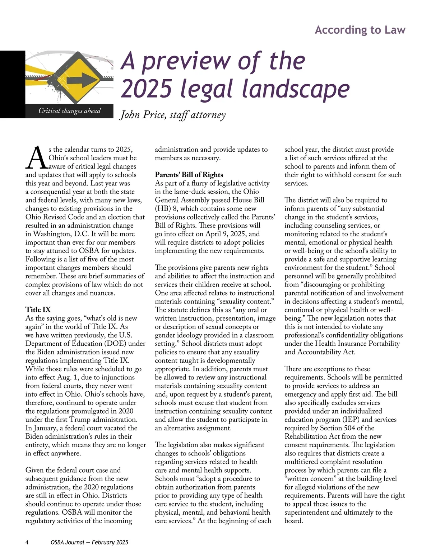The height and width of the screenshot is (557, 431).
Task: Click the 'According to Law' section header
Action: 360,30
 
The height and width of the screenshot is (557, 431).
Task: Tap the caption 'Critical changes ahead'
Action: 69,111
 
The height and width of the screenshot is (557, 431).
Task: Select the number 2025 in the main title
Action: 147,88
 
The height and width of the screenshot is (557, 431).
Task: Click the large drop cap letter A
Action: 36,158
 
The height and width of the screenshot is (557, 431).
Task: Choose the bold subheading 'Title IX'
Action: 38,310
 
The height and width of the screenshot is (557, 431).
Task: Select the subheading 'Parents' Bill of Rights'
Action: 189,175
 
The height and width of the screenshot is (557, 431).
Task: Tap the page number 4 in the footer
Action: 27,542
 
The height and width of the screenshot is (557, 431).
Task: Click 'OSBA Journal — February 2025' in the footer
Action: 89,542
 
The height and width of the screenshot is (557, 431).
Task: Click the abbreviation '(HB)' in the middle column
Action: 163,208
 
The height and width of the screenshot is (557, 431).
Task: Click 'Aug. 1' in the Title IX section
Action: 66,377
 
